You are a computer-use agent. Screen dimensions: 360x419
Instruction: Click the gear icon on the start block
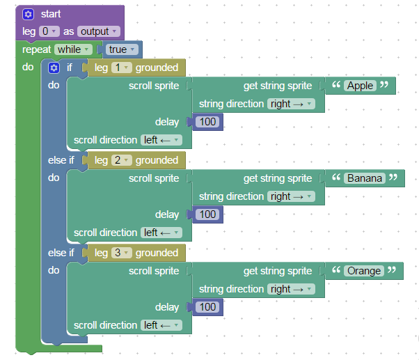click(x=28, y=14)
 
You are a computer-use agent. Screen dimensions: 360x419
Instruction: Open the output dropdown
click(x=98, y=31)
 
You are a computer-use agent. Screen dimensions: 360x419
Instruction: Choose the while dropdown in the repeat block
click(x=72, y=49)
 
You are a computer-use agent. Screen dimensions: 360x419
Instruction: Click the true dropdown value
click(x=121, y=49)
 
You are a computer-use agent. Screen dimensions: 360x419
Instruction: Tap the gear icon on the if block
click(x=54, y=68)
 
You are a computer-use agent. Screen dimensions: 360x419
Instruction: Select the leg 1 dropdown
click(x=121, y=68)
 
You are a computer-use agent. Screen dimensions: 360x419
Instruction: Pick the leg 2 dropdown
click(x=121, y=160)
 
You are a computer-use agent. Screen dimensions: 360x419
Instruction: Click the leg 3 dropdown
click(x=121, y=253)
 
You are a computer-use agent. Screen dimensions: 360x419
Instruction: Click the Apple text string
click(x=359, y=86)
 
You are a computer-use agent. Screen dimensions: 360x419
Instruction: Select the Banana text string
click(x=365, y=178)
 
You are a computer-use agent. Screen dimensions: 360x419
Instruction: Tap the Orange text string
click(x=363, y=271)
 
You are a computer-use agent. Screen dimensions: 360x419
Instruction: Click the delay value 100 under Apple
click(x=207, y=122)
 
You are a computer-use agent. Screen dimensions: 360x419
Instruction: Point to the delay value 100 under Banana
click(x=207, y=214)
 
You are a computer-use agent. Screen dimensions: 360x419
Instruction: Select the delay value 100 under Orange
click(x=207, y=307)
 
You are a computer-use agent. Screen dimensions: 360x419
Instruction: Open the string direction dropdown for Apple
click(x=291, y=104)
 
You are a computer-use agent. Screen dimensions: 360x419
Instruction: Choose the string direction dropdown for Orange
click(x=291, y=289)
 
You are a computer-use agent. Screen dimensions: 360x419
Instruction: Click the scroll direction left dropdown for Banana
click(x=161, y=233)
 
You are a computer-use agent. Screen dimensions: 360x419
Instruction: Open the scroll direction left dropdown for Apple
click(x=161, y=140)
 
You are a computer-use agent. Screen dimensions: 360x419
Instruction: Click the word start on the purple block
click(x=50, y=14)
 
